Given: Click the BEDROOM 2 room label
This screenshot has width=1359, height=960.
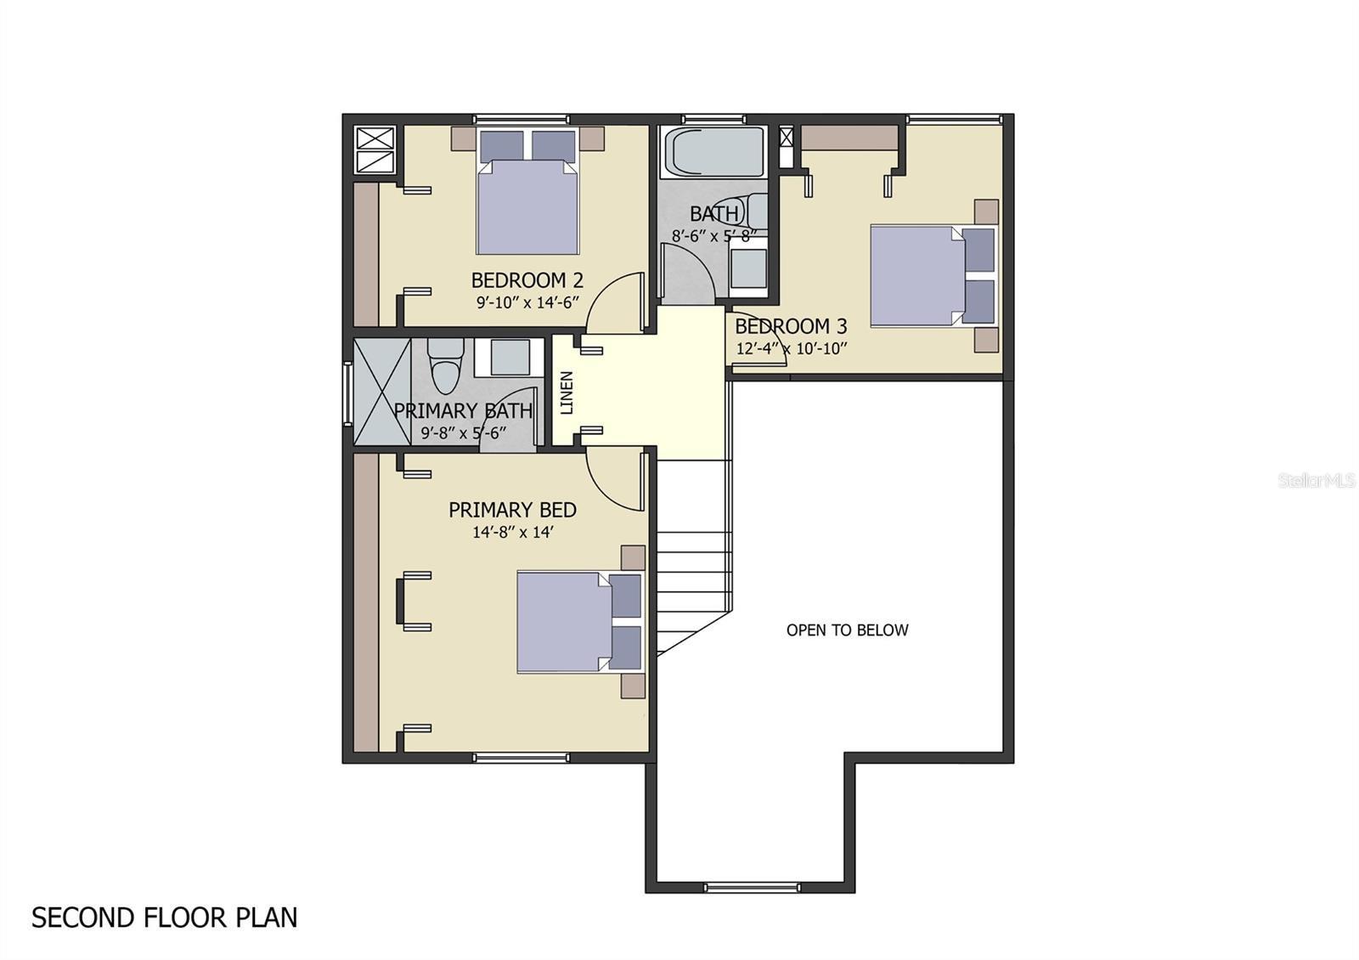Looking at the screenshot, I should (527, 280).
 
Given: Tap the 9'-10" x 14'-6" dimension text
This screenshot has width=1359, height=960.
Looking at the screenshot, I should (527, 302).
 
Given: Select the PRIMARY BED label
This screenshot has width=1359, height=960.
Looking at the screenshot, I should (512, 510).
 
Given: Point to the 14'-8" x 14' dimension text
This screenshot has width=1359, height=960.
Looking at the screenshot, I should (513, 533).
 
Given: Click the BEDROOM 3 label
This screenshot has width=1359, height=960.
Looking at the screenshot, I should (791, 326).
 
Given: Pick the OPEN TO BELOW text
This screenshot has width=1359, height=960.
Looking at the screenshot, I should (847, 630).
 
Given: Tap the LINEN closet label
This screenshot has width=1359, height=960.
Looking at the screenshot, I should (567, 392).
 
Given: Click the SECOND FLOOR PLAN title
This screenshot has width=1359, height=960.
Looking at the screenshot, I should (165, 918).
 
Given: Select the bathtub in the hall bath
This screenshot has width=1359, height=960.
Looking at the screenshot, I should (713, 152).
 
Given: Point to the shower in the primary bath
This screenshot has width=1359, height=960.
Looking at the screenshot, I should (381, 392).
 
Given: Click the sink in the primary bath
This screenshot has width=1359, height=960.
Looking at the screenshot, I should (510, 357).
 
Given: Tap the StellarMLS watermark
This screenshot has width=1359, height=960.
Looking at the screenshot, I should (1317, 481).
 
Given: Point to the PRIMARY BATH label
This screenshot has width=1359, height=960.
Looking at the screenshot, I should (463, 411).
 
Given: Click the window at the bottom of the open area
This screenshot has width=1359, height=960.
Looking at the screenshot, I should (751, 888).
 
